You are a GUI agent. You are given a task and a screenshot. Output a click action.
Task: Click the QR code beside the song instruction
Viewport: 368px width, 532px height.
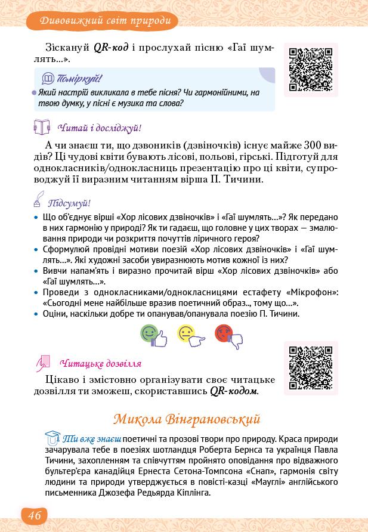(x=311, y=70)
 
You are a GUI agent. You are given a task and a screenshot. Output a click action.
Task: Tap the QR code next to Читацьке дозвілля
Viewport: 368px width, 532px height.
(x=311, y=368)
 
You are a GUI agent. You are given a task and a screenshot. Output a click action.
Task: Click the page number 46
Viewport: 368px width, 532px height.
(x=34, y=515)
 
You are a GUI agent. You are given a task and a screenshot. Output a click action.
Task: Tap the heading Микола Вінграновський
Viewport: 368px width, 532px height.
(x=187, y=419)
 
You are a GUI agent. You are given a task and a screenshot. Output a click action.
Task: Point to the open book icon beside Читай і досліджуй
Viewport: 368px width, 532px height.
(x=41, y=127)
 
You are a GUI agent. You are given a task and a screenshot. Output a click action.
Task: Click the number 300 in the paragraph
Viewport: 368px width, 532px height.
(x=315, y=145)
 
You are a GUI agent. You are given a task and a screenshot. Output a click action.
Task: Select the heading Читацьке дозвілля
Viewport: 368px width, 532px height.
(x=101, y=363)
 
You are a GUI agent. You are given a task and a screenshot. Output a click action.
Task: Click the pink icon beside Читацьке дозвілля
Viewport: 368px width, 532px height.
(x=42, y=362)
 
